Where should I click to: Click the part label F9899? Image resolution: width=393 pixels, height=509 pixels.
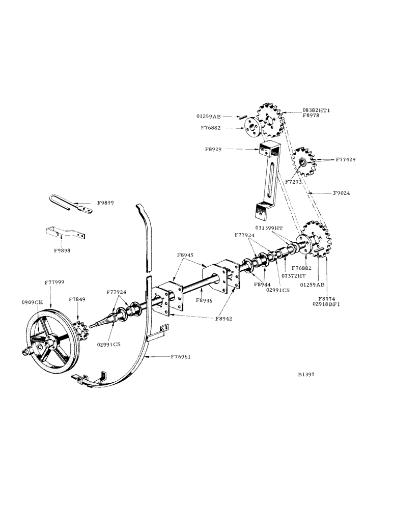pos(105,203)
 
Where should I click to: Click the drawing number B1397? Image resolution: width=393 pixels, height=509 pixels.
pos(309,374)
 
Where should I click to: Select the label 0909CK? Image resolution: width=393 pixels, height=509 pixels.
pos(32,302)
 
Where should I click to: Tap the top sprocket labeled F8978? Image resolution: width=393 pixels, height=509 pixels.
pos(270,121)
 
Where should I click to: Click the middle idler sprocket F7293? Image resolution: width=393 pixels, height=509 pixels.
pos(303,161)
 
